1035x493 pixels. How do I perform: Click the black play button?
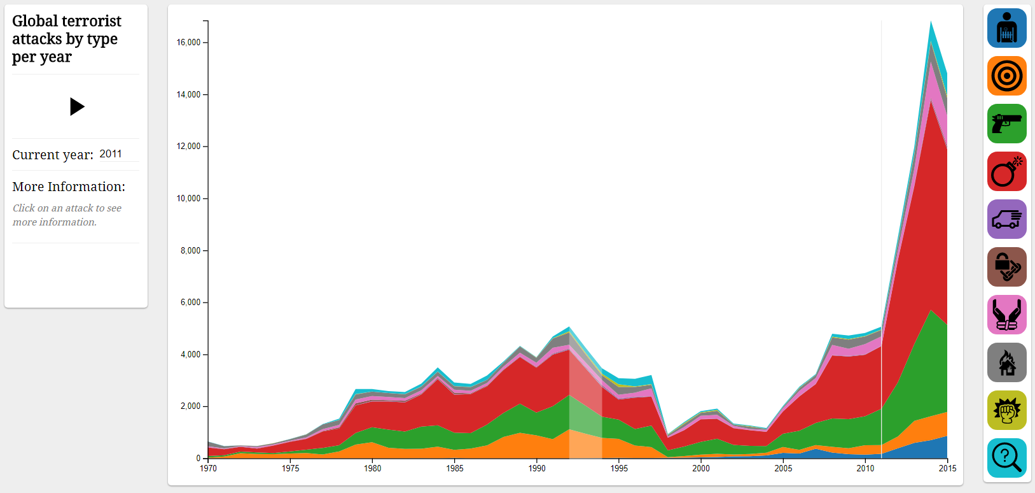77,106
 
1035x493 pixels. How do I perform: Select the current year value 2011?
111,154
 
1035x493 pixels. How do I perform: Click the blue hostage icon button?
1006,28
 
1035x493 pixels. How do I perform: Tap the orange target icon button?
1006,76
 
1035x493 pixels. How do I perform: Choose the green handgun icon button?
1006,124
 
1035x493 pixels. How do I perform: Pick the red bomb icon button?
1006,171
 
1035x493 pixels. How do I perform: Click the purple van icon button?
1006,219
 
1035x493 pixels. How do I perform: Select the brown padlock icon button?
1006,267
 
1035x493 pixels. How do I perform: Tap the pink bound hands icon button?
1006,315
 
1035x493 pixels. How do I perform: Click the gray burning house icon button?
1006,362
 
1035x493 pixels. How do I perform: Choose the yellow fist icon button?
1006,410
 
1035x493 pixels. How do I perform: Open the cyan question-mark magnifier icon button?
1006,458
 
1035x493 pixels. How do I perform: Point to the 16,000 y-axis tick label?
188,43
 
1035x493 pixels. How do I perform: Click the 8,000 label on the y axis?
190,251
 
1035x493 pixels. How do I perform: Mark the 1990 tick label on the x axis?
537,468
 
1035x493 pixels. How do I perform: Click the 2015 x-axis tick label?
947,468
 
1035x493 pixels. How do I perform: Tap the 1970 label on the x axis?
208,468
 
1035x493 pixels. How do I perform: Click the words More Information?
69,187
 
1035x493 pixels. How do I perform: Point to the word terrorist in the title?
90,21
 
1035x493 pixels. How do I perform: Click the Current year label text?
53,155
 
